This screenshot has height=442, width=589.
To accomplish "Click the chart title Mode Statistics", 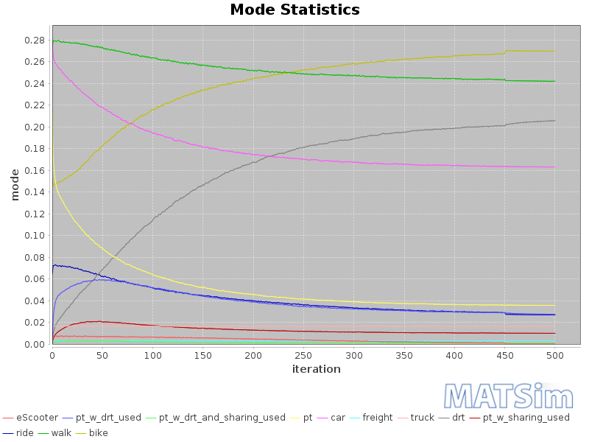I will [294, 10].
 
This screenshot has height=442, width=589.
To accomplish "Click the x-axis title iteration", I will [317, 369].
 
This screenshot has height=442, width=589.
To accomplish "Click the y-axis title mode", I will [15, 184].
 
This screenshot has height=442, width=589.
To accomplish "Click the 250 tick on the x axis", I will [303, 355].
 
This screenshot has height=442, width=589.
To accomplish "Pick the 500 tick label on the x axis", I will [554, 355].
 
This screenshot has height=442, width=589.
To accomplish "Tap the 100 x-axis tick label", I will [152, 355].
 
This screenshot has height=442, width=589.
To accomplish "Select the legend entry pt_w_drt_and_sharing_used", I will [222, 418].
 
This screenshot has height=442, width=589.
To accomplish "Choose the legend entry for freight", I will [378, 418].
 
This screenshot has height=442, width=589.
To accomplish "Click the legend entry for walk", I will [61, 432].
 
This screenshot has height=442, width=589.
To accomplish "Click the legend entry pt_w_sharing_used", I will [526, 418].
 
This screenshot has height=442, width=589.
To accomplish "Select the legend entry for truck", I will [422, 418].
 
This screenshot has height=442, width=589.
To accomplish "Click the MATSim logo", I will [512, 396].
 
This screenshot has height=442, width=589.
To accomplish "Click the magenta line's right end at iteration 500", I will [554, 166].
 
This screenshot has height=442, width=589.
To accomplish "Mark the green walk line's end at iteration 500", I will [554, 81].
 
